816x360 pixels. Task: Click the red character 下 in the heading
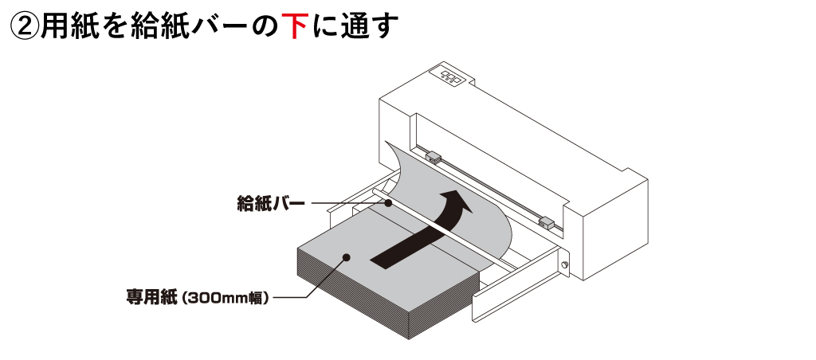click(295, 25)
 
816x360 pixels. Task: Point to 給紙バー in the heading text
click(190, 25)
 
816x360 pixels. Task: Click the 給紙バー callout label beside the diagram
click(271, 204)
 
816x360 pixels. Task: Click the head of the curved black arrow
click(457, 203)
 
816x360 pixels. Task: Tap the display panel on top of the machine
click(450, 76)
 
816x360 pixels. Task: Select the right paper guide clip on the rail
click(547, 221)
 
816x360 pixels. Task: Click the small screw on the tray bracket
click(565, 266)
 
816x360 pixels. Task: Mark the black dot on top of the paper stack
click(347, 256)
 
